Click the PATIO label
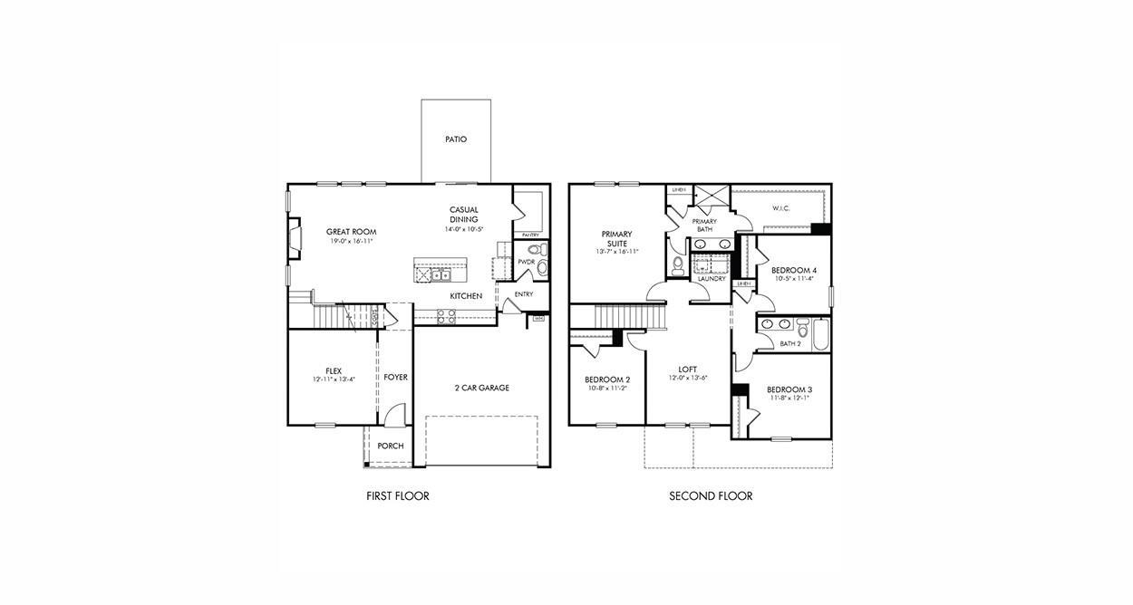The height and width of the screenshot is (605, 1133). point(456,139)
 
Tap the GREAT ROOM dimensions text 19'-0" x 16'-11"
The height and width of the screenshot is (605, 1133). point(351,242)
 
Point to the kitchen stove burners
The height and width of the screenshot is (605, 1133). point(447,316)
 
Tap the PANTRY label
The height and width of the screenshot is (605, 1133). point(530,235)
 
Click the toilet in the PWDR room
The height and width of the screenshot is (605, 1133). point(535,249)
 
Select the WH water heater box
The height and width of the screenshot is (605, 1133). point(538,318)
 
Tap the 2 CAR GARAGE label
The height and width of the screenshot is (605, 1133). point(481,388)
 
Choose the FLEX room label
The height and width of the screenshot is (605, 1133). point(334,370)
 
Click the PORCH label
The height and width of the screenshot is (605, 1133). point(391,446)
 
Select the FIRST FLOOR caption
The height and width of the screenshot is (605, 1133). point(397,496)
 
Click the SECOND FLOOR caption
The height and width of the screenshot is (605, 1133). point(711,496)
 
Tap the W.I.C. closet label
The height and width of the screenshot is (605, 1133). point(781,208)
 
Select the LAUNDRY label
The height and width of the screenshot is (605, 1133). point(711,279)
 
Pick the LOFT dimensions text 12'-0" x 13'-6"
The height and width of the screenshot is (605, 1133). point(688,378)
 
